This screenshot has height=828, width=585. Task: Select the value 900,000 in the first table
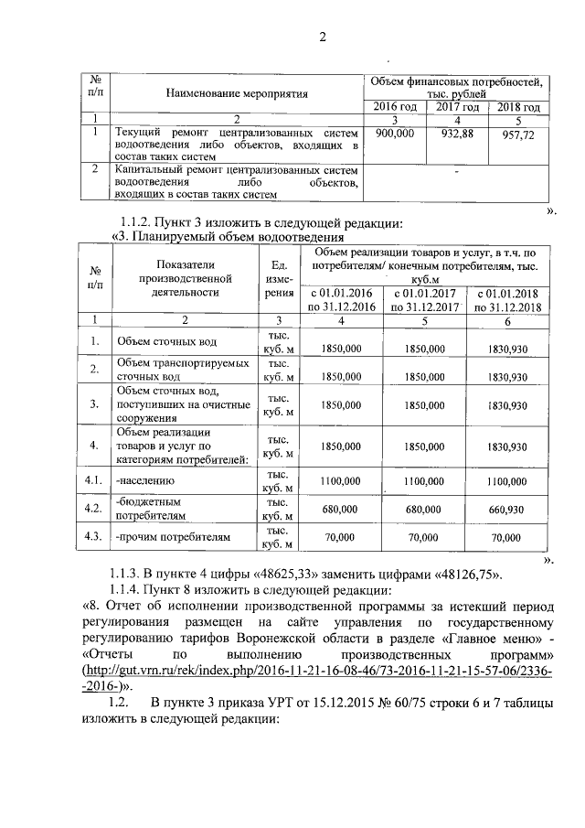point(395,134)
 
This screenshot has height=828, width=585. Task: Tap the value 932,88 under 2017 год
point(459,134)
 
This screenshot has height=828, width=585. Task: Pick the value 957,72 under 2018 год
point(518,134)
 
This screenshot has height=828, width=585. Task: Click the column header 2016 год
point(395,107)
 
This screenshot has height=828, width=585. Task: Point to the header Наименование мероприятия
point(237,93)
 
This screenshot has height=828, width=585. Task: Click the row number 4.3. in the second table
point(92,536)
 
